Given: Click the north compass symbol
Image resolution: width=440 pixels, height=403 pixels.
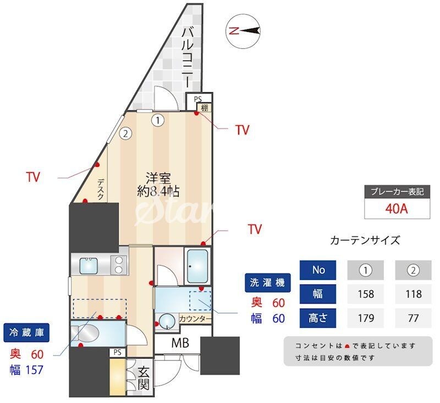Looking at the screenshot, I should point(243,31).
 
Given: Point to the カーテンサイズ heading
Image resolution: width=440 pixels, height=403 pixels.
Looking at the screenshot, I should point(365,240).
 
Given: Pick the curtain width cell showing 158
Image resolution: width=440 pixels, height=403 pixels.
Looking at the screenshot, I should point(366,294).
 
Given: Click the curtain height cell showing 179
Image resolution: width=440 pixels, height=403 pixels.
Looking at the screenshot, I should point(366,317).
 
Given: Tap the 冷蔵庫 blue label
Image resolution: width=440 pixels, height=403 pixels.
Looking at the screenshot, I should point(26,332).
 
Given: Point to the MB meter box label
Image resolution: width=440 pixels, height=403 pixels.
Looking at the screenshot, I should point(180,344).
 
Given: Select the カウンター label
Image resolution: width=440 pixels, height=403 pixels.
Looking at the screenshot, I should point(195,318).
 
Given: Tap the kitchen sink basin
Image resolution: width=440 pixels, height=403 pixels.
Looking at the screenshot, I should point(90,266).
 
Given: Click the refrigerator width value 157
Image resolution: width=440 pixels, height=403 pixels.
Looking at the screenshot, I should point(34,370).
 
